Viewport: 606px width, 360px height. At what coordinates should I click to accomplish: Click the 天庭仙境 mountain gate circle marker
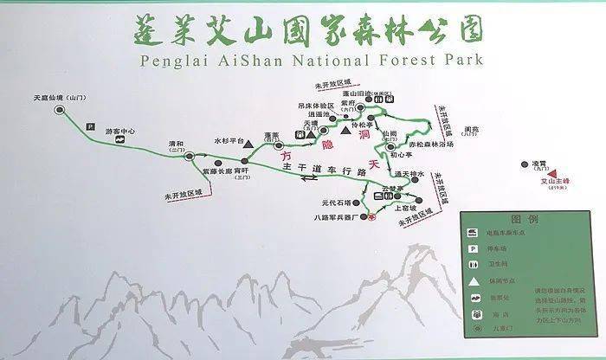[60, 110]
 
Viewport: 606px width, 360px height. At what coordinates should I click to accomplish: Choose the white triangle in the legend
[475, 283]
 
